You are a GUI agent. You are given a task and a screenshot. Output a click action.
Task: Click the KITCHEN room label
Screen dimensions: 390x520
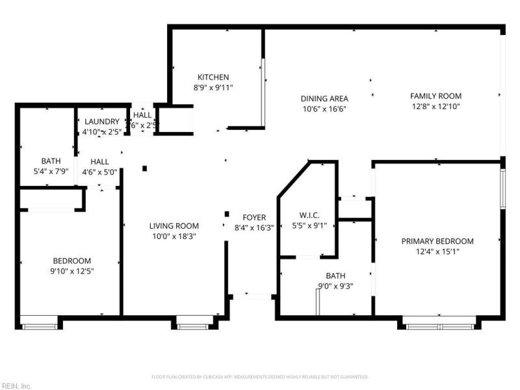[x=213, y=77]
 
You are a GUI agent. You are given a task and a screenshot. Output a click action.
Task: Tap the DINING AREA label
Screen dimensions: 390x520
[x=324, y=99]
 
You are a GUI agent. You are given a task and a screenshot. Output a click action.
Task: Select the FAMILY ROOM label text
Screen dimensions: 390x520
[x=435, y=96]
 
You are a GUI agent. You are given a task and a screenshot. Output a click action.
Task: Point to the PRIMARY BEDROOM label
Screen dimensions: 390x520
[x=437, y=241]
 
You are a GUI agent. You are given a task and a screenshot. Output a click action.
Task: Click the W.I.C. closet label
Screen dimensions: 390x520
[x=308, y=215]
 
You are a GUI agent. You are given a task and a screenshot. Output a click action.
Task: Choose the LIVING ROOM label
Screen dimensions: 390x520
[x=174, y=226]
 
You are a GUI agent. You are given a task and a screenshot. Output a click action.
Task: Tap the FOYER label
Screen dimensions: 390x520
[x=253, y=217]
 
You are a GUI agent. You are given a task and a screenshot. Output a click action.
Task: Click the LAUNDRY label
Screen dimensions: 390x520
[x=102, y=122]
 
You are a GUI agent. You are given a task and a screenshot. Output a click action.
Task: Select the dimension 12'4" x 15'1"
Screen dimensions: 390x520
[x=437, y=251]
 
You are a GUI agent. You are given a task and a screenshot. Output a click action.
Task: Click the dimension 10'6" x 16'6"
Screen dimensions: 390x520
[x=324, y=109]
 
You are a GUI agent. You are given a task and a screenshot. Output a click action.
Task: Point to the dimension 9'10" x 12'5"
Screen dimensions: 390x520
[x=71, y=271]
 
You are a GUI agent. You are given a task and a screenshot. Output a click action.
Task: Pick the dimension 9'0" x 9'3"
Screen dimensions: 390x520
[x=335, y=285]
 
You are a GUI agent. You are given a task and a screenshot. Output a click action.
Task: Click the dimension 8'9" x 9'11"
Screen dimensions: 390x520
[x=213, y=87]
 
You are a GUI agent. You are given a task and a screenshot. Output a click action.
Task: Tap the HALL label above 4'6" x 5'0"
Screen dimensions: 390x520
[x=99, y=162]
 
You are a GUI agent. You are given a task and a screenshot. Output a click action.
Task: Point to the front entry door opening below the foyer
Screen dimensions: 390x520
[x=252, y=297]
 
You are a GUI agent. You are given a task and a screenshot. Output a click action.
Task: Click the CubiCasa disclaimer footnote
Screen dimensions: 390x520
[x=260, y=376]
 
